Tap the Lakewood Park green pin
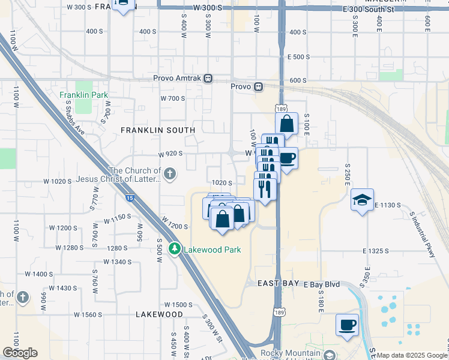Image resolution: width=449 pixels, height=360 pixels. (x=175, y=248)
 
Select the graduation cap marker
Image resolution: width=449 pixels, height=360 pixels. (x=363, y=200)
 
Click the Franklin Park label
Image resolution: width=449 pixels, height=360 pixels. (x=83, y=95)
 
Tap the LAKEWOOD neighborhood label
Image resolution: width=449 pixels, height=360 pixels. (x=159, y=314)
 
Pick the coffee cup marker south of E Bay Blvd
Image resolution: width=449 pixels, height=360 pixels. (x=347, y=325)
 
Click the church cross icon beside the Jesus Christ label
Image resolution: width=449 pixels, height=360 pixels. (x=170, y=175)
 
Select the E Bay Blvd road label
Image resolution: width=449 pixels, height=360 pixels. (x=322, y=283)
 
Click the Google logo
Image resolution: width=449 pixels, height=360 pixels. (x=20, y=353)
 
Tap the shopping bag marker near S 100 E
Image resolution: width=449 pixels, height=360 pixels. (x=287, y=124)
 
